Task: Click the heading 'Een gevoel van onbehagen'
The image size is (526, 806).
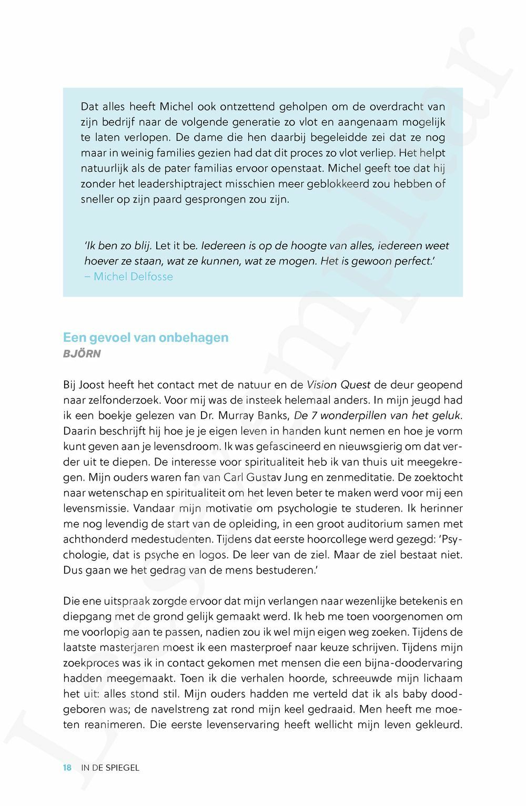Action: tap(146, 337)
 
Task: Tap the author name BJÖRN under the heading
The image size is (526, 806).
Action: tap(82, 354)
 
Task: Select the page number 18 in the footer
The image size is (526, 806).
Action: tap(67, 768)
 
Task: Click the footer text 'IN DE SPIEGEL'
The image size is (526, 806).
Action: tap(110, 768)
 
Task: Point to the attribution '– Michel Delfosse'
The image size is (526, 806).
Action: tap(128, 277)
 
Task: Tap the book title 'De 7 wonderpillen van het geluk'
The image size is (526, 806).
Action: tap(378, 415)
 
